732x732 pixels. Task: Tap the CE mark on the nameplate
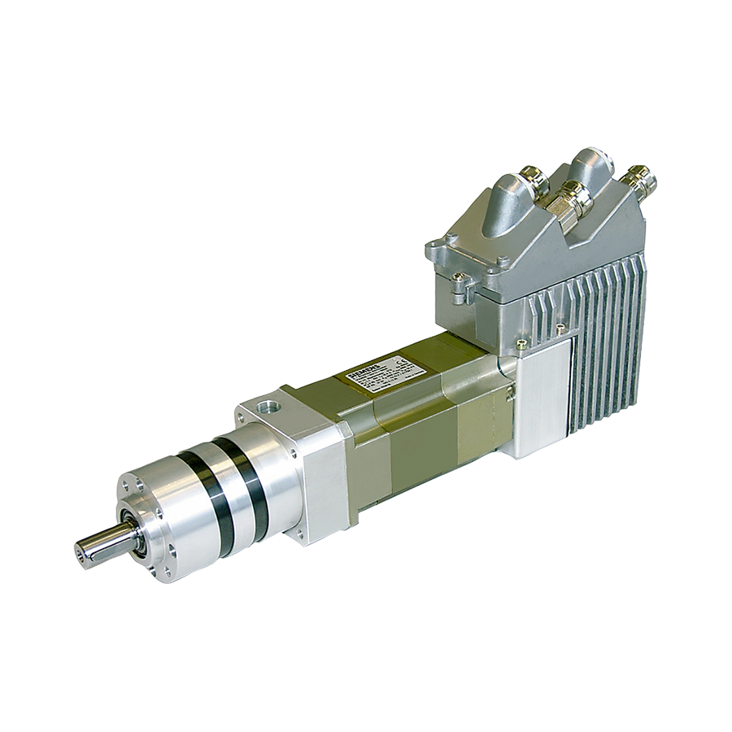click(x=398, y=359)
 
